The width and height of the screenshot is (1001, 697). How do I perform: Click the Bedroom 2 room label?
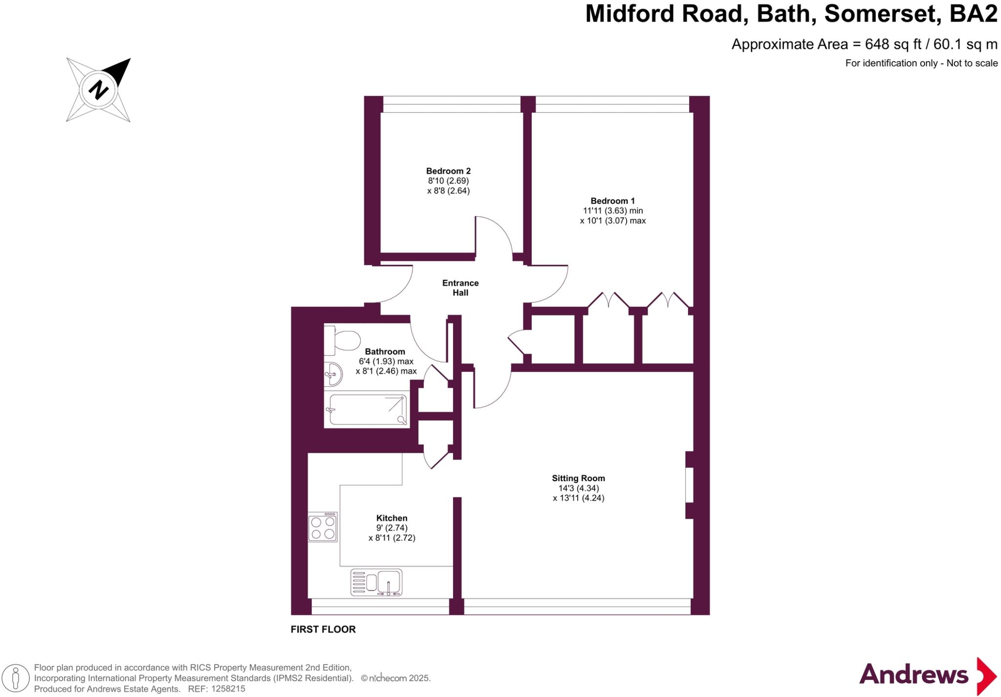pos(448,171)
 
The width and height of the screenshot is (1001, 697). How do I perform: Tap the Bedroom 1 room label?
pos(612,201)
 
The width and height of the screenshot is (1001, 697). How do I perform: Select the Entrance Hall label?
pos(460,288)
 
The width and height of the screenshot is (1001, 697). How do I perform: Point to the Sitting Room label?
pos(578,478)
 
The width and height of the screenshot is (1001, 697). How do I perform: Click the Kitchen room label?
pos(392,518)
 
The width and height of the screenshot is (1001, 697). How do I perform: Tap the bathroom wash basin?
pos(333,375)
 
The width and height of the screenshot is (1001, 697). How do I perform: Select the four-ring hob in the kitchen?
pos(323,527)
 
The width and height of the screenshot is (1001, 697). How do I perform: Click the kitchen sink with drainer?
pos(376,582)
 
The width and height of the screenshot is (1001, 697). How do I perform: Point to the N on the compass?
pos(98,90)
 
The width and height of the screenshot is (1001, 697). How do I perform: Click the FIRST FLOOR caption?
pos(323,630)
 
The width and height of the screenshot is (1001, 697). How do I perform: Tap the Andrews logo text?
pos(914,675)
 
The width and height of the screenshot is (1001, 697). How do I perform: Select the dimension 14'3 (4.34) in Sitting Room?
pos(578,488)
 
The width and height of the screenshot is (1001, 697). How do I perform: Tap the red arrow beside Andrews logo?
pos(986,676)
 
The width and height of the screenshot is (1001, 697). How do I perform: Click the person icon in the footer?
pos(16,678)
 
